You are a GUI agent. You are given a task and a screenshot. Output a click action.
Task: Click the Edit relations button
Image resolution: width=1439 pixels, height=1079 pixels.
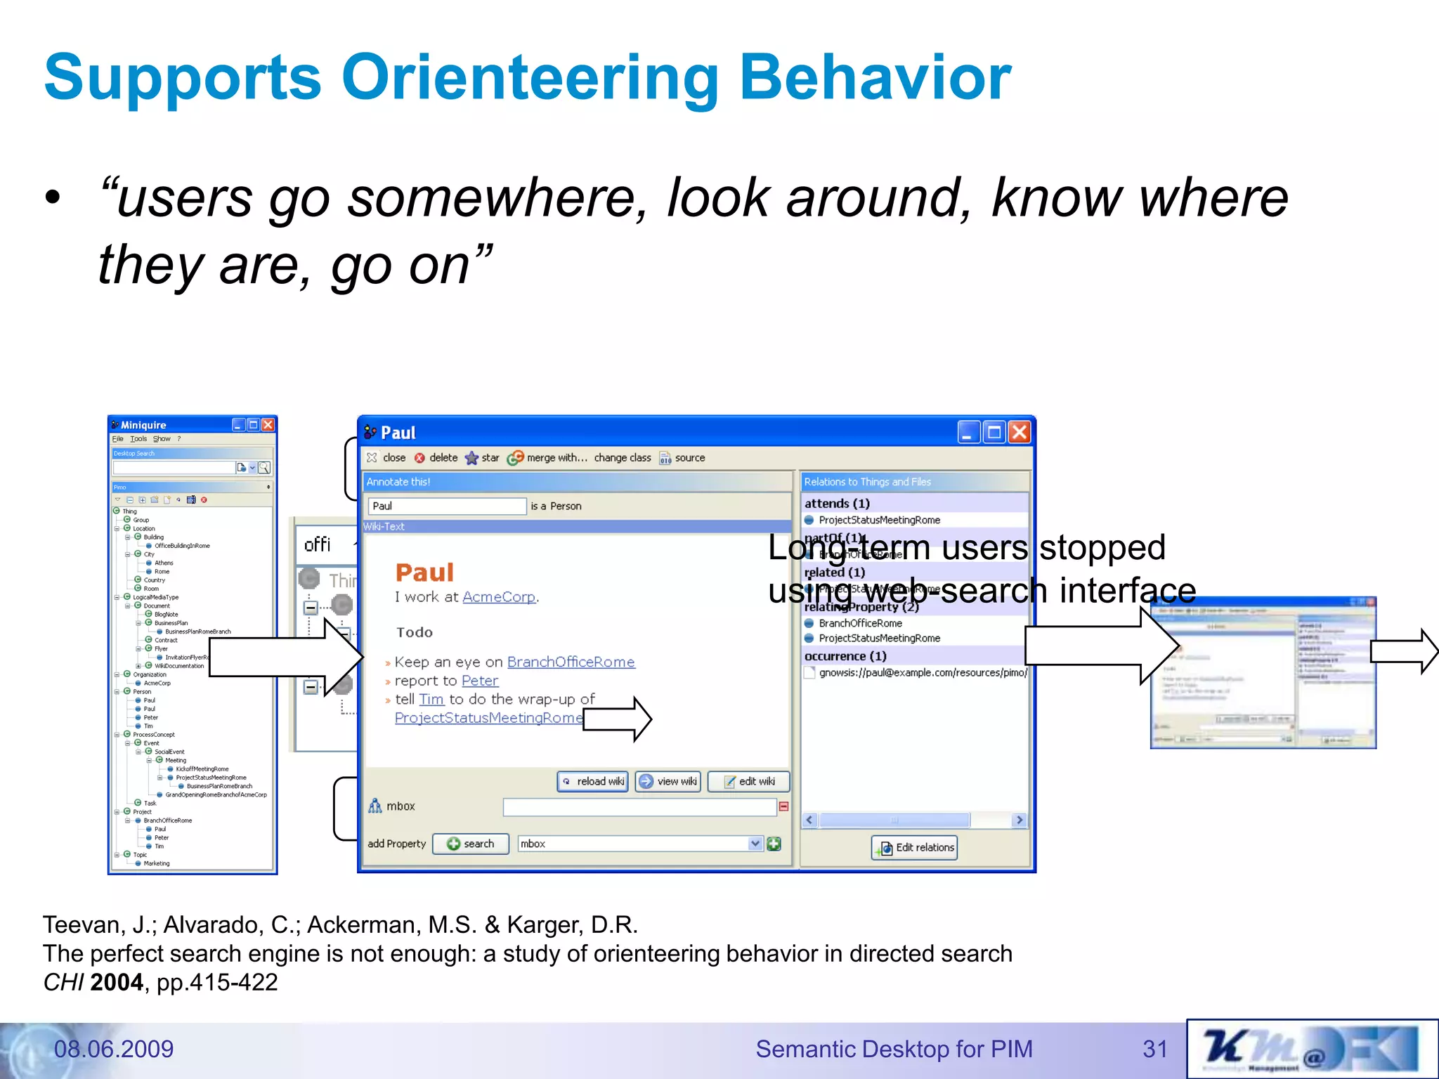[915, 847]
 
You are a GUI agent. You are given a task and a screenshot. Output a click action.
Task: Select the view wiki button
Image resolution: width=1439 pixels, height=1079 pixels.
[668, 781]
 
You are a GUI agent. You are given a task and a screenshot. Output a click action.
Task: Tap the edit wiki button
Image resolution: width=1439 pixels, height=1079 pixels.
[749, 781]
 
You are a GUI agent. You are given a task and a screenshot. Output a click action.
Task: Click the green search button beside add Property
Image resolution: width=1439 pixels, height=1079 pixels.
[471, 844]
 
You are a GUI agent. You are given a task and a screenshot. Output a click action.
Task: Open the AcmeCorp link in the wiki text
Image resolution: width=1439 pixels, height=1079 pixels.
[499, 597]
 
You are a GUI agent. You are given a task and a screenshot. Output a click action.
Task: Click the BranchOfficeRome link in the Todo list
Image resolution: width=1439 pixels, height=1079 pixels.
[571, 662]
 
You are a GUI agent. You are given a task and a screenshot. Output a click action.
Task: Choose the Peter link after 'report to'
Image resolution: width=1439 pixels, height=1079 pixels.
[480, 681]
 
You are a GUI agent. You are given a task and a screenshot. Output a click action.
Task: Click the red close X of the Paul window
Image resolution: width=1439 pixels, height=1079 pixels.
[1020, 432]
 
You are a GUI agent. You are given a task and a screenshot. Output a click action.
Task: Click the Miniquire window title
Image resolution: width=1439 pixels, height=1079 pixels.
[143, 425]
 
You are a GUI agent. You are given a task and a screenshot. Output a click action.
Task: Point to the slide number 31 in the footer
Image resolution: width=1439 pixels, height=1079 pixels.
[1154, 1049]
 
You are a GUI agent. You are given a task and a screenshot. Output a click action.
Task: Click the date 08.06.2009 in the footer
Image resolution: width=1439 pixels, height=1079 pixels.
[114, 1049]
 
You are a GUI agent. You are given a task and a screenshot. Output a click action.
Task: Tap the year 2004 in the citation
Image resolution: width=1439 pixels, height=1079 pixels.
[117, 982]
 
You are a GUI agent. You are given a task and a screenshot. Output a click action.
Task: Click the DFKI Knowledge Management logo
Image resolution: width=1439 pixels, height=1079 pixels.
[1311, 1049]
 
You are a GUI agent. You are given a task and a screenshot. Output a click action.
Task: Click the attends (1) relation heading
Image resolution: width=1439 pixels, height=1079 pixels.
[837, 504]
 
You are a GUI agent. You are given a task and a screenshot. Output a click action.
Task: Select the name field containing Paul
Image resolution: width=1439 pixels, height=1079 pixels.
[447, 506]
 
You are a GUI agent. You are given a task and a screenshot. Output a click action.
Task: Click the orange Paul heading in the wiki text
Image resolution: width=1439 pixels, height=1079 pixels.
[424, 573]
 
